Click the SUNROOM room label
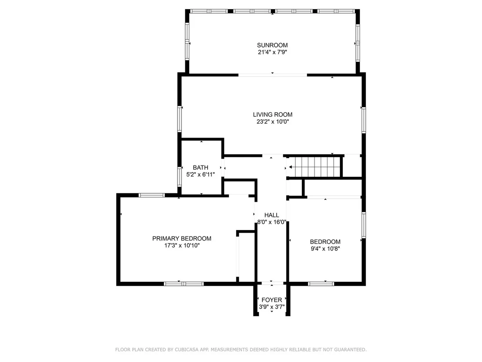[272, 45]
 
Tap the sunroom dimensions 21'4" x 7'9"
[272, 52]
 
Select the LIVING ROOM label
[273, 115]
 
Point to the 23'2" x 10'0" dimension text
[273, 122]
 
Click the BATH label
[201, 167]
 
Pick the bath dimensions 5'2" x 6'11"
[201, 175]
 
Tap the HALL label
[272, 215]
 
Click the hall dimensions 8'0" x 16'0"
[272, 222]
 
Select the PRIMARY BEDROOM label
[182, 238]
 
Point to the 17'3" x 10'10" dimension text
[182, 245]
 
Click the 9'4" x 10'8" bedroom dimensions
[325, 249]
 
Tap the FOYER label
[272, 300]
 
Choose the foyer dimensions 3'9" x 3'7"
[272, 307]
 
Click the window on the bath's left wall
[180, 177]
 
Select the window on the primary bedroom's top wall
[152, 195]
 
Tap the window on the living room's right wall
[364, 120]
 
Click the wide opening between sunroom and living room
[273, 74]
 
